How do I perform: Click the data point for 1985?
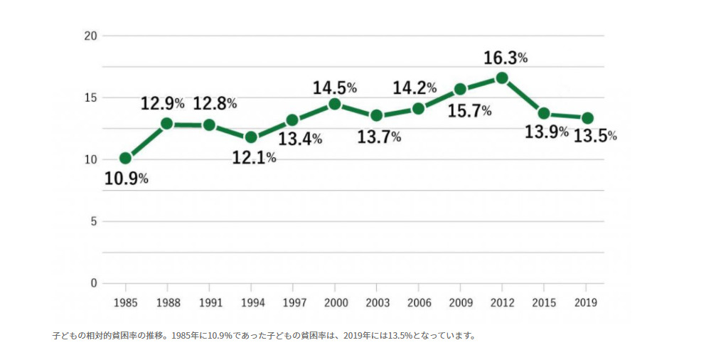pyautogui.click(x=125, y=158)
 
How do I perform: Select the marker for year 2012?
pyautogui.click(x=502, y=78)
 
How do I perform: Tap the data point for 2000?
pyautogui.click(x=334, y=104)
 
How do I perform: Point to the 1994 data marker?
pyautogui.click(x=251, y=137)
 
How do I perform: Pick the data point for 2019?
pyautogui.click(x=587, y=118)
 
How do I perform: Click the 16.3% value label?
pyautogui.click(x=506, y=57)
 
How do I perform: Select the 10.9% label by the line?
pyautogui.click(x=127, y=179)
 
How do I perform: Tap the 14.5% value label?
pyautogui.click(x=334, y=88)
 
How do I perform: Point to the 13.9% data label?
pyautogui.click(x=546, y=132)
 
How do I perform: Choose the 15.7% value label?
pyautogui.click(x=469, y=111)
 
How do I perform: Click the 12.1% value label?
pyautogui.click(x=254, y=158)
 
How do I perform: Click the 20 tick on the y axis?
pyautogui.click(x=90, y=36)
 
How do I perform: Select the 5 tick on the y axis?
pyautogui.click(x=93, y=221)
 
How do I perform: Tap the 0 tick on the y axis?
pyautogui.click(x=93, y=283)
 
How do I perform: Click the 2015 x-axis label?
pyautogui.click(x=544, y=302)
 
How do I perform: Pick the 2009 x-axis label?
pyautogui.click(x=460, y=302)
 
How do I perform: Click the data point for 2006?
pyautogui.click(x=418, y=108)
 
